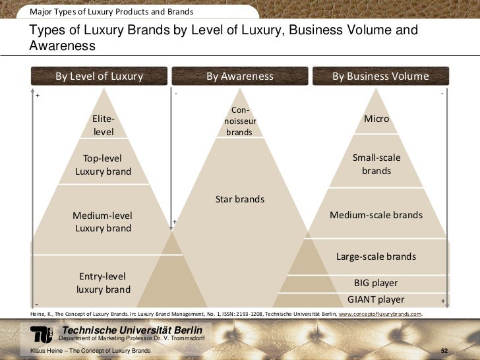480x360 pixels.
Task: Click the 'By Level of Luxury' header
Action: click(99, 76)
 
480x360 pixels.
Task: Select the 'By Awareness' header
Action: click(240, 76)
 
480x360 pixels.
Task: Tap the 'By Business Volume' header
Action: click(380, 76)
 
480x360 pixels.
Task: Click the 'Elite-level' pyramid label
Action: click(104, 125)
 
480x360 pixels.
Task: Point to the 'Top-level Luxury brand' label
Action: click(103, 165)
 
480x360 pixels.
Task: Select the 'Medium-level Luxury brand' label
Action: click(102, 222)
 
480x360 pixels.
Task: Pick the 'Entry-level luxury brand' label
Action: click(103, 283)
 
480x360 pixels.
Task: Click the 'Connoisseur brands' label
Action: click(239, 121)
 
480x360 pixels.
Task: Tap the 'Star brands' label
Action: click(240, 199)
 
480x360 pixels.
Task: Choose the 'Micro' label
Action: click(376, 119)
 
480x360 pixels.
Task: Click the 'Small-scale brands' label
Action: click(376, 164)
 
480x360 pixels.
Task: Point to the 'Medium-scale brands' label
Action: click(376, 215)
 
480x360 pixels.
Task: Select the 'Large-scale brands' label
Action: click(376, 256)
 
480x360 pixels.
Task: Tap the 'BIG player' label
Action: click(376, 283)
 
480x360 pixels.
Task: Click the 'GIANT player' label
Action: click(376, 299)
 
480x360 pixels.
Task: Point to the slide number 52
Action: click(444, 351)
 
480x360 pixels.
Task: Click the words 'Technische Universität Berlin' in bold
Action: click(132, 330)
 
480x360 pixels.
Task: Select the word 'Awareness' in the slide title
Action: click(63, 46)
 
